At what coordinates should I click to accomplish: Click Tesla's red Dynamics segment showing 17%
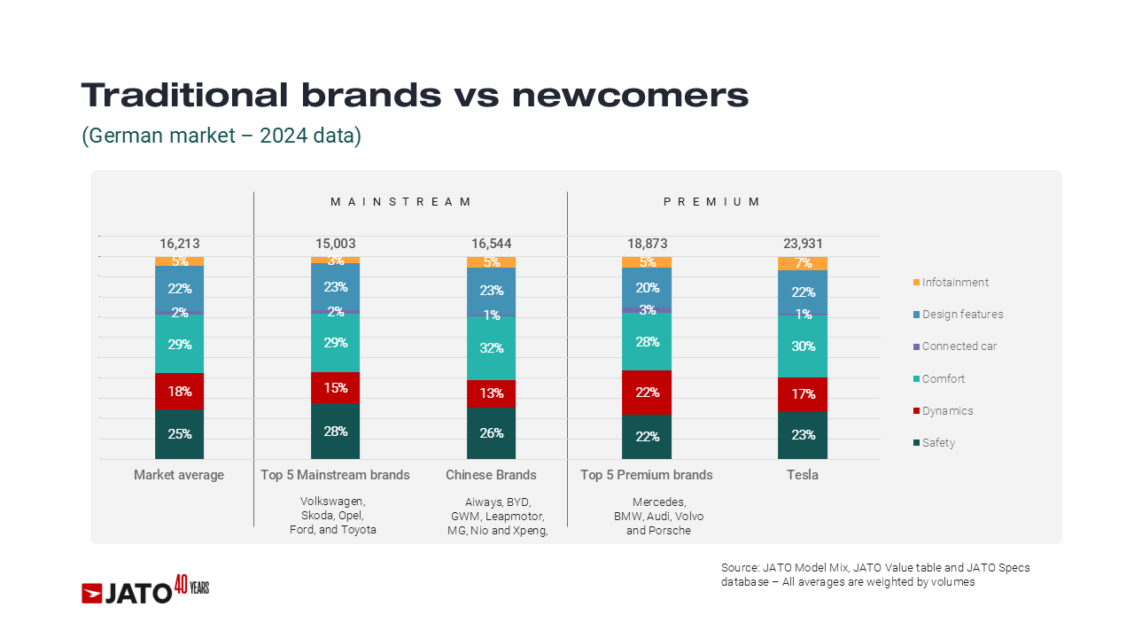803,394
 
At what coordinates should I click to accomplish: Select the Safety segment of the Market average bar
179,433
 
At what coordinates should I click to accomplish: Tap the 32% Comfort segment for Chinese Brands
491,348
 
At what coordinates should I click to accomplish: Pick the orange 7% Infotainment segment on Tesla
803,263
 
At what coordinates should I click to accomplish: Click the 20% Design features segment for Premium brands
647,287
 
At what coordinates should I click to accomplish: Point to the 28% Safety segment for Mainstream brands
335,432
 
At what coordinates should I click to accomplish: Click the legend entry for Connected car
959,346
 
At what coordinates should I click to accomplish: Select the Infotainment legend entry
954,283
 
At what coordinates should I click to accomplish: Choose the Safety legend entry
938,443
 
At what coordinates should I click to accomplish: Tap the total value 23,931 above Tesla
803,244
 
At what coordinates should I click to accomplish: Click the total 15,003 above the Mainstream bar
335,244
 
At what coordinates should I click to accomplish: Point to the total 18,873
647,244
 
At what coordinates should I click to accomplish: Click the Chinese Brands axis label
491,475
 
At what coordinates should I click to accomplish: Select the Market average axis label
179,475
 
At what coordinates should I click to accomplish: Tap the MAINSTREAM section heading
401,202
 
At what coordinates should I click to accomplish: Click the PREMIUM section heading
711,202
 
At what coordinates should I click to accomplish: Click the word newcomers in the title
630,96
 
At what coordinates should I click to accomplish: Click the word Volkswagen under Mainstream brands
332,502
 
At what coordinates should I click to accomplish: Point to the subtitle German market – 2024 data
221,136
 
